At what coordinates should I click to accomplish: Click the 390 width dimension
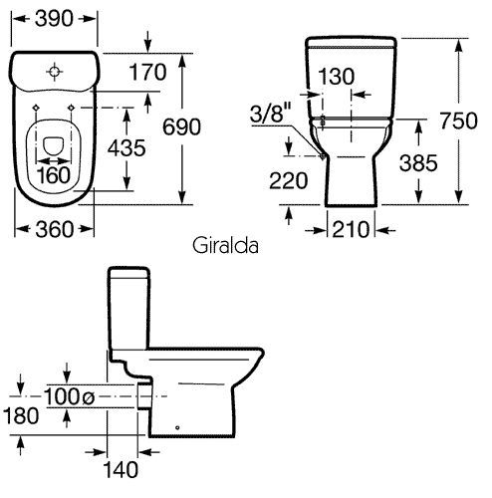point(54,19)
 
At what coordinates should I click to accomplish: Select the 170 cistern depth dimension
point(147,73)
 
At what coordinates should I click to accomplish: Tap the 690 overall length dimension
point(181,126)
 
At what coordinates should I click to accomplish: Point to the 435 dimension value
point(126,147)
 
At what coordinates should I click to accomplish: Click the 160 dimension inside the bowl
point(54,175)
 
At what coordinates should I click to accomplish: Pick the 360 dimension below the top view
point(54,229)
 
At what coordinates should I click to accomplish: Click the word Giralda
point(225,246)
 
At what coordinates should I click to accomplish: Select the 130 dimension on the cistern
point(337,77)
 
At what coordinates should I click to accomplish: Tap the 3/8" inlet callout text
point(271,113)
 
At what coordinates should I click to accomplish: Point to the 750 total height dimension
point(459,121)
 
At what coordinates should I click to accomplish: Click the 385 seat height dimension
point(418,163)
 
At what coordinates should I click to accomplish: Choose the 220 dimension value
point(288,181)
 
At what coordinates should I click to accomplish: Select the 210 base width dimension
point(351,229)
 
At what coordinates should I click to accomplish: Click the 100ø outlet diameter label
point(70,396)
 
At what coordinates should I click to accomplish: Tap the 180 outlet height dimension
point(21,415)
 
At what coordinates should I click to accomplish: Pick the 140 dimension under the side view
point(121,470)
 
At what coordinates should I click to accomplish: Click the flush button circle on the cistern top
point(54,72)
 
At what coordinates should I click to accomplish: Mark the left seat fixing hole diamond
point(35,108)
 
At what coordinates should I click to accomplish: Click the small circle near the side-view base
point(177,427)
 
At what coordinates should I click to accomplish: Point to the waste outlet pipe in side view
point(144,396)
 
